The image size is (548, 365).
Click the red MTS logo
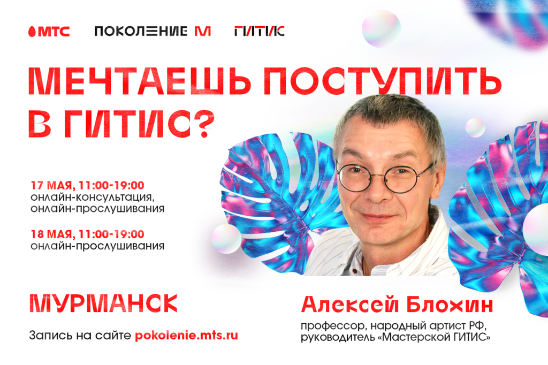tap(49, 32)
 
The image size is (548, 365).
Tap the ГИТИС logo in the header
tap(260, 31)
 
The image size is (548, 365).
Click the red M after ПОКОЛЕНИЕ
tap(203, 31)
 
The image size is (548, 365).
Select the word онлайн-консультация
tap(92, 197)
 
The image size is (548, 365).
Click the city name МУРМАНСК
tap(103, 303)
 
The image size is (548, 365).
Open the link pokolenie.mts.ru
tap(186, 335)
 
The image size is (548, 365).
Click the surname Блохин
tap(450, 305)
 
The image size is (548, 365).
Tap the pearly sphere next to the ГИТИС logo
tap(381, 29)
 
